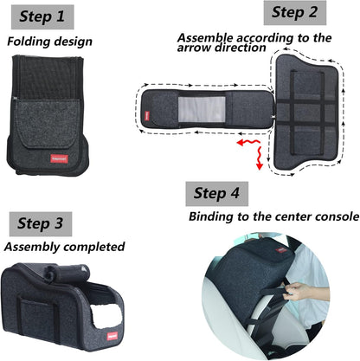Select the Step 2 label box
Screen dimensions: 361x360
point(294,12)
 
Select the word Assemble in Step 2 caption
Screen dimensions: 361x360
point(205,37)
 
